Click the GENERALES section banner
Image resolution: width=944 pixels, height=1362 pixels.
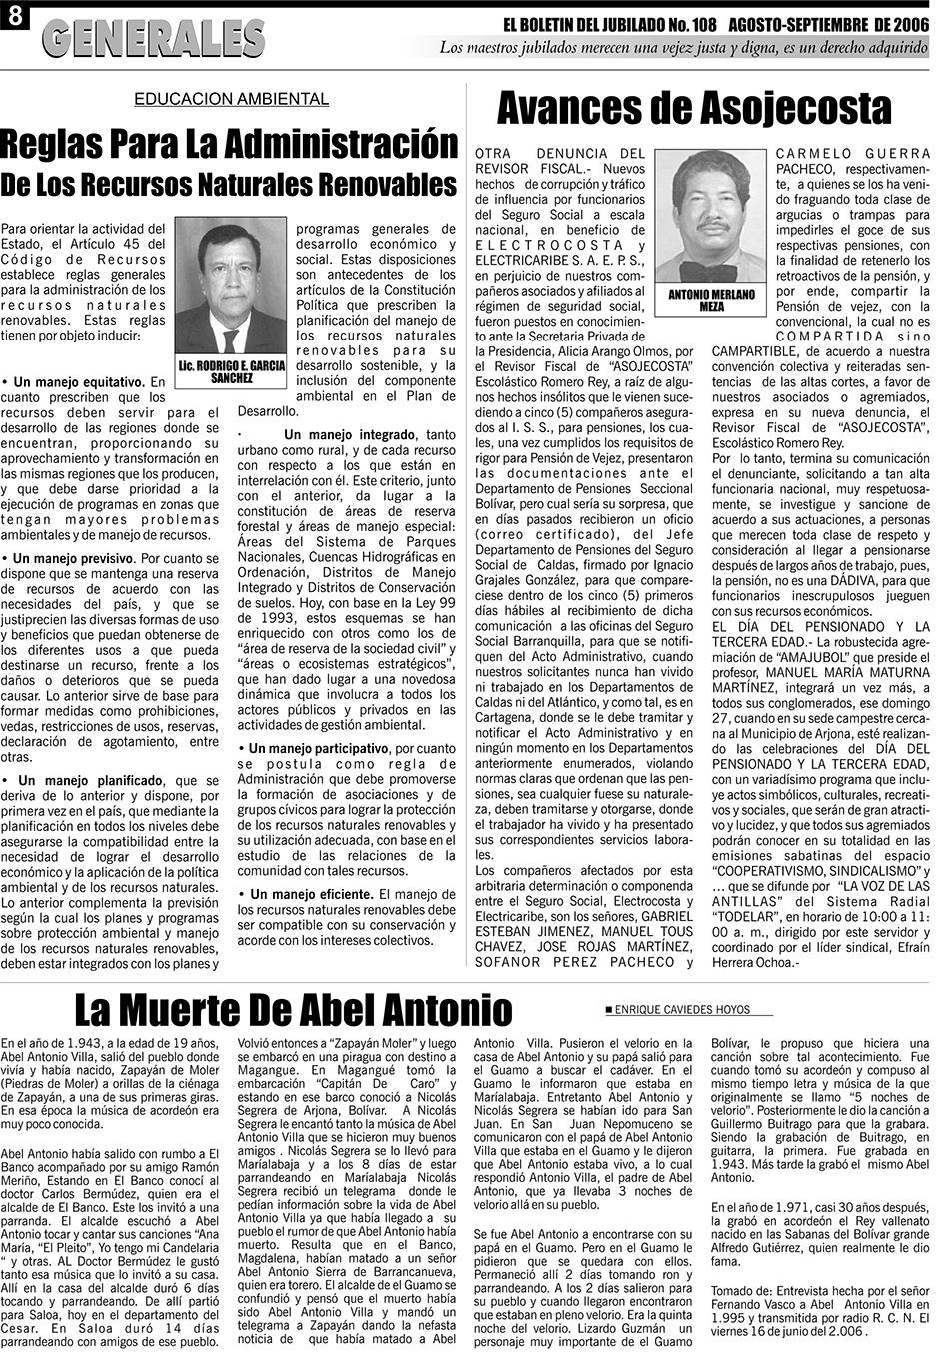[x=155, y=39]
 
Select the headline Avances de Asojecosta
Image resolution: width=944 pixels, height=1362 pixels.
[x=693, y=106]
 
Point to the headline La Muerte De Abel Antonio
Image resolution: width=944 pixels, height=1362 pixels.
[x=294, y=1010]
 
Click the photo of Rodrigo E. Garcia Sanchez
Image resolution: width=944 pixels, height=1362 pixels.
[x=231, y=285]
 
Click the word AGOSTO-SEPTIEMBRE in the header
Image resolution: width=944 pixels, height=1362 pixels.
[x=791, y=23]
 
